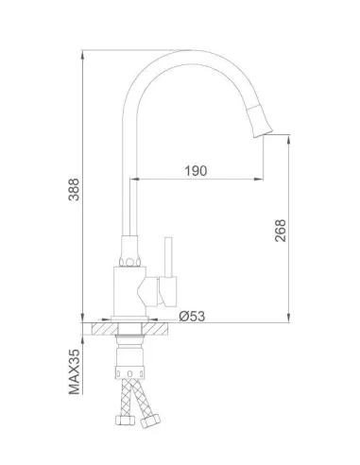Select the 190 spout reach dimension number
(x=197, y=171)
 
